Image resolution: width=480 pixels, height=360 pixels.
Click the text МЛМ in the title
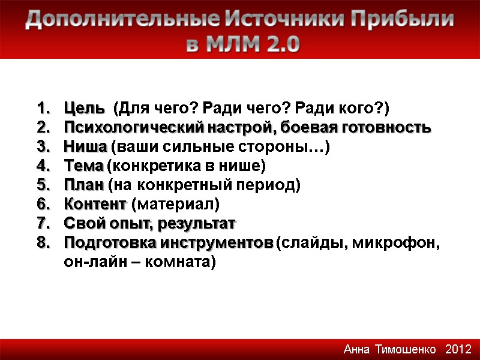click(x=230, y=45)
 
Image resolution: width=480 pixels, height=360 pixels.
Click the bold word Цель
click(x=83, y=109)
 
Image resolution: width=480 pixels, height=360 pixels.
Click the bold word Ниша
click(x=85, y=147)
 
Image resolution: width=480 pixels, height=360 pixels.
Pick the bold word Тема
click(x=83, y=166)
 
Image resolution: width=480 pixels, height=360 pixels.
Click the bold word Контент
click(x=95, y=205)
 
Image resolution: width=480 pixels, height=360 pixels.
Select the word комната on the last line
click(x=184, y=262)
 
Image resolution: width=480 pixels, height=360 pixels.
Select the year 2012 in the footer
click(x=458, y=349)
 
